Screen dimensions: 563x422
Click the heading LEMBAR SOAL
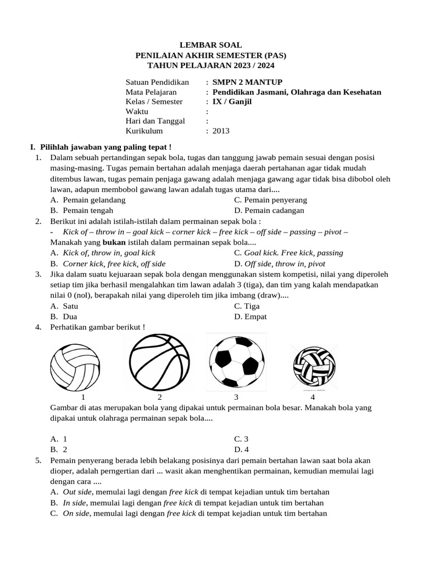[211, 45]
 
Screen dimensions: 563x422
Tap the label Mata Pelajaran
[151, 92]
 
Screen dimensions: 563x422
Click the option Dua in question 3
[70, 317]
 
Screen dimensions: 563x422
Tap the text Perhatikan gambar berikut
[97, 327]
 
